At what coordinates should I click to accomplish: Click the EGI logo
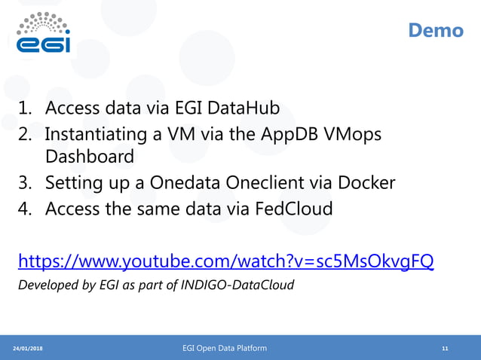pyautogui.click(x=44, y=33)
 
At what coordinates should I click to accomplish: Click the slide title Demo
pyautogui.click(x=435, y=31)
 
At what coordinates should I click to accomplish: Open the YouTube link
pyautogui.click(x=225, y=261)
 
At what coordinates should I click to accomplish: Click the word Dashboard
pyautogui.click(x=89, y=157)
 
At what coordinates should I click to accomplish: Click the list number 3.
pyautogui.click(x=25, y=182)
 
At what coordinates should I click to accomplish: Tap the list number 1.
pyautogui.click(x=25, y=108)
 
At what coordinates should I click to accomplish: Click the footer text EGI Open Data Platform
pyautogui.click(x=225, y=348)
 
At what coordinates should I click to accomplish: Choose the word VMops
pyautogui.click(x=352, y=134)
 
